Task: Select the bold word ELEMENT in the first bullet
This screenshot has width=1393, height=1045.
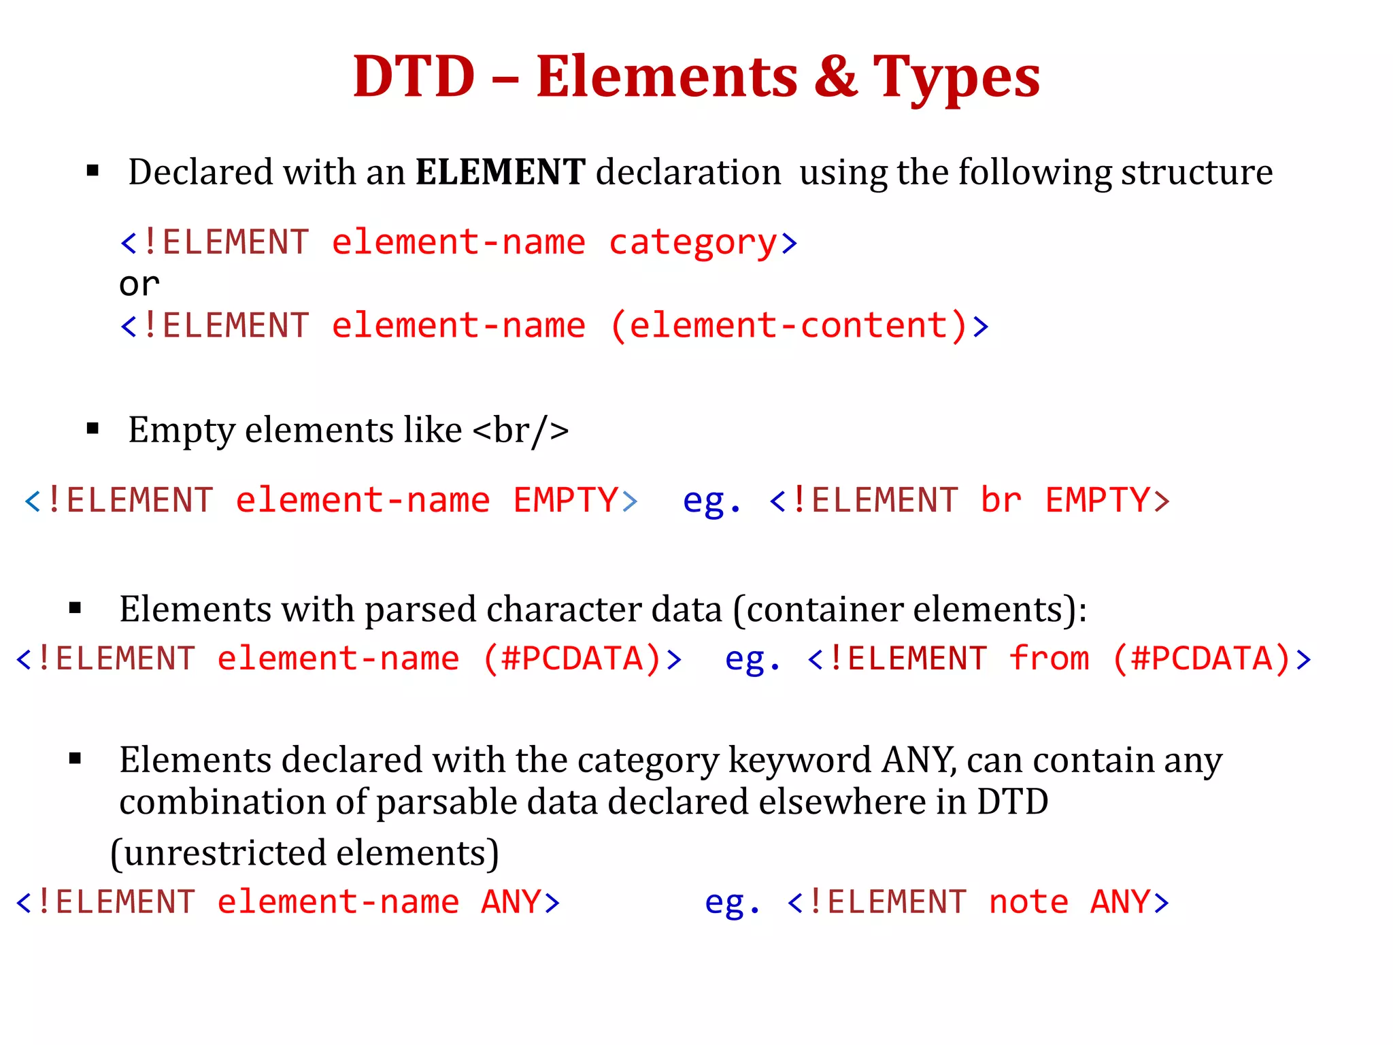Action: [x=500, y=172]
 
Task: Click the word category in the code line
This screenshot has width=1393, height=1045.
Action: [x=692, y=244]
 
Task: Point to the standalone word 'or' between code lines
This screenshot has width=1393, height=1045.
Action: [x=139, y=284]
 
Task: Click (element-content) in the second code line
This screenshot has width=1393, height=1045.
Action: [x=788, y=326]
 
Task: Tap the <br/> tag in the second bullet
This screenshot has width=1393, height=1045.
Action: [x=520, y=431]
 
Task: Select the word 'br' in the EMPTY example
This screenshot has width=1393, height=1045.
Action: [x=1001, y=501]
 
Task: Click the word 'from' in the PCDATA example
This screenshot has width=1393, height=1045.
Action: [x=1049, y=659]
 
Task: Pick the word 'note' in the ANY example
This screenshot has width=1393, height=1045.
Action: [x=1028, y=903]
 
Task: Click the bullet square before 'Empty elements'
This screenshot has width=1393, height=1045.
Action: [x=93, y=429]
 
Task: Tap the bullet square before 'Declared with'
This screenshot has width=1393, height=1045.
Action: [x=93, y=171]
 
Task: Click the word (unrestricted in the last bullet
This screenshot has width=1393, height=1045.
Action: [x=218, y=853]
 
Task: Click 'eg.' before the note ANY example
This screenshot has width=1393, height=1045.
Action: [x=732, y=903]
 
